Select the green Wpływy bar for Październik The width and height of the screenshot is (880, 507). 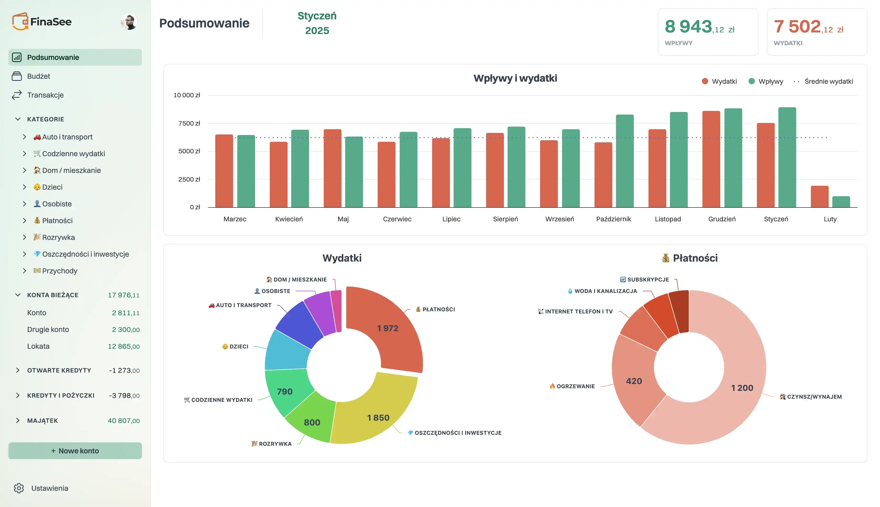tap(625, 161)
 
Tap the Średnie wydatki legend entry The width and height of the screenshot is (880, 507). tap(828, 81)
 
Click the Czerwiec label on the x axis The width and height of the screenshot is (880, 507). tap(397, 219)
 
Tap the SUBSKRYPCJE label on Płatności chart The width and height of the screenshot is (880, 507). tap(647, 280)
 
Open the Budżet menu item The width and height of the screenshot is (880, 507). tap(38, 76)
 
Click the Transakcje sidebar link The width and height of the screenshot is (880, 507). tap(45, 95)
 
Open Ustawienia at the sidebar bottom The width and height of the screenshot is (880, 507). tap(49, 488)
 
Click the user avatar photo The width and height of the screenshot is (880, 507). tap(129, 22)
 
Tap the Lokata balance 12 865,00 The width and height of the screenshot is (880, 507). tap(124, 346)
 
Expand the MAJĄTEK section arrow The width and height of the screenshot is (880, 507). tap(18, 421)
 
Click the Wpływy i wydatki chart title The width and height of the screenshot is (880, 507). tap(515, 78)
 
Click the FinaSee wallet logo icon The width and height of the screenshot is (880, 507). tap(20, 22)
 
